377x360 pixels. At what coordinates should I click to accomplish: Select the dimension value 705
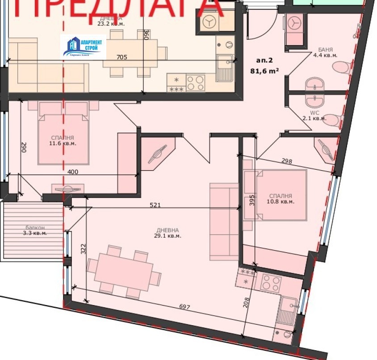point(122,57)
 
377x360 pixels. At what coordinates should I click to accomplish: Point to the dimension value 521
point(155,205)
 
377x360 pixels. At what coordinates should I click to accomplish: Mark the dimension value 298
point(287,161)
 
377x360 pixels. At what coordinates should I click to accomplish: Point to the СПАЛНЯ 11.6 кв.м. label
point(63,141)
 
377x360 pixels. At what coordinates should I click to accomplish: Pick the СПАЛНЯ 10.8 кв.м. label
point(281,198)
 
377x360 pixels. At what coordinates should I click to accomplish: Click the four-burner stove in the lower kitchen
point(271,283)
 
